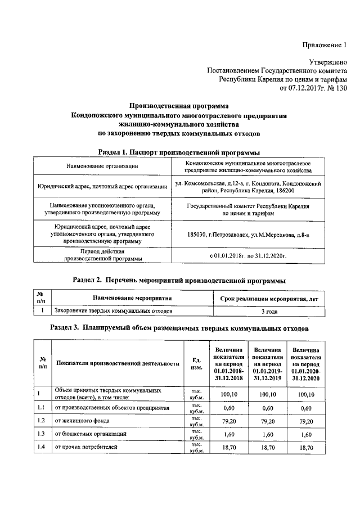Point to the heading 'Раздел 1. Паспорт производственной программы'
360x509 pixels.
point(179,152)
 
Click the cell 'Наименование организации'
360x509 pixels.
point(102,166)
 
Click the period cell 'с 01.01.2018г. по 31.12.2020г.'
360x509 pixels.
point(248,255)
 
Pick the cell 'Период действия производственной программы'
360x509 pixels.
point(102,255)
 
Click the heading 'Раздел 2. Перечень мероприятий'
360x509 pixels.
point(179,280)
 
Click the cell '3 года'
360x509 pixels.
point(269,310)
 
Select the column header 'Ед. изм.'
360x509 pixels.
point(197,363)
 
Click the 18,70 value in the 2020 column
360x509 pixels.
point(306,448)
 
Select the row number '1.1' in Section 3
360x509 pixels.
point(41,407)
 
